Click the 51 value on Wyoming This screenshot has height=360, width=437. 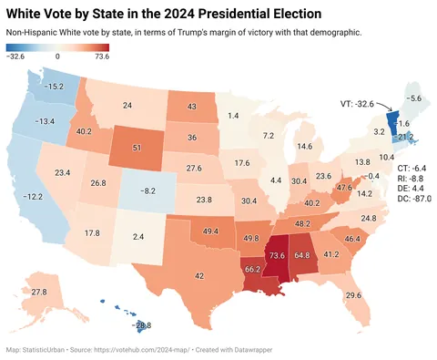(x=137, y=147)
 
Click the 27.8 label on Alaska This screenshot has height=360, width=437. (x=38, y=292)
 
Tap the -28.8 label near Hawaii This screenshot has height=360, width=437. (x=140, y=324)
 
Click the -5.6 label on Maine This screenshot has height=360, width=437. (x=414, y=98)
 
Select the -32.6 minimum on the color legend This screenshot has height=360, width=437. (x=15, y=57)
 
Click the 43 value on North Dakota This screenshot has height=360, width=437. (x=193, y=107)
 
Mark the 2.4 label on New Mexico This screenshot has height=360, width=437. (x=137, y=237)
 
